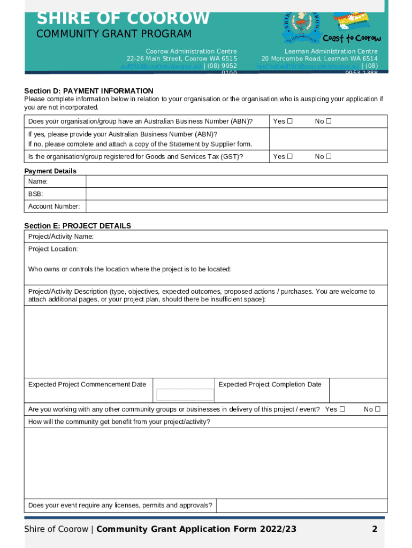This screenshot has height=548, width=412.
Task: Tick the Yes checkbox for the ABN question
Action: (289, 121)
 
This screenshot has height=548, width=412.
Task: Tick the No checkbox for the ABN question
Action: (329, 121)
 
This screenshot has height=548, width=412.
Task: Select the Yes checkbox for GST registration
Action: (289, 156)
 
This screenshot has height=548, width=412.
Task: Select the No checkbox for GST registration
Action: (329, 156)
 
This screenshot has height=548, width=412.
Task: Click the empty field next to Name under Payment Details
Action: (236, 181)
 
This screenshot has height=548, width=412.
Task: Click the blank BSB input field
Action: (236, 194)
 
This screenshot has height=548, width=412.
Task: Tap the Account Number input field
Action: (236, 206)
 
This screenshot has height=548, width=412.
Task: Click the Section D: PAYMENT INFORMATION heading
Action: (89, 91)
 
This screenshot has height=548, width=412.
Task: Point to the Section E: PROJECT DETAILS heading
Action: (78, 226)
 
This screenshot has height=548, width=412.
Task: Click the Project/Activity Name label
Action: (61, 237)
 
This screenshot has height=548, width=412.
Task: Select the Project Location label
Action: (53, 249)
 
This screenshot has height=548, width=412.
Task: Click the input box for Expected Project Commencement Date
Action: (185, 394)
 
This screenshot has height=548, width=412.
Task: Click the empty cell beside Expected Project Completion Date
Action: (357, 390)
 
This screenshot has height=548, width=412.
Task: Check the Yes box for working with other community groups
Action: (342, 409)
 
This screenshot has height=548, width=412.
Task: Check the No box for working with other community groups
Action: (377, 409)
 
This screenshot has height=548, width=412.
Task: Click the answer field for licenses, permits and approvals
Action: (301, 506)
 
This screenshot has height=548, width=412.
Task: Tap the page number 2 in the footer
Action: (375, 529)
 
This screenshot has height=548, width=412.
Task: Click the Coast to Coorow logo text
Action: (352, 39)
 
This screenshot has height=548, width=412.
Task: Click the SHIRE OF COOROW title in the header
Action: (123, 19)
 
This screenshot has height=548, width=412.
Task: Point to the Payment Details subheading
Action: (50, 171)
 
